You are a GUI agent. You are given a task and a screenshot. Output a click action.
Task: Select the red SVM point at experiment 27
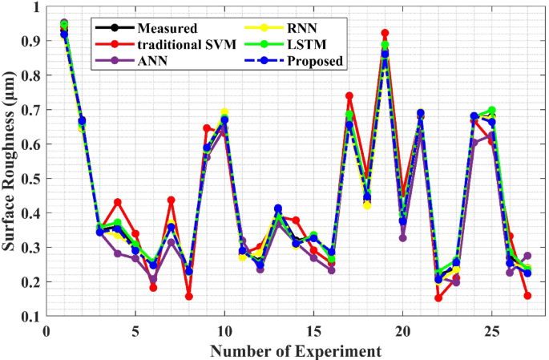(x=527, y=296)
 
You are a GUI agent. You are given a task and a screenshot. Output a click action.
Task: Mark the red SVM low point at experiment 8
(x=189, y=297)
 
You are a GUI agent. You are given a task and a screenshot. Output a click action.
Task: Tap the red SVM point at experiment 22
(x=438, y=298)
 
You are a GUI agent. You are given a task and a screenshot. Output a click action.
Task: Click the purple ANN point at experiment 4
(x=118, y=253)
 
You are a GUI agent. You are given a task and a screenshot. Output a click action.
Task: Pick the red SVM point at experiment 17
(x=349, y=96)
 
